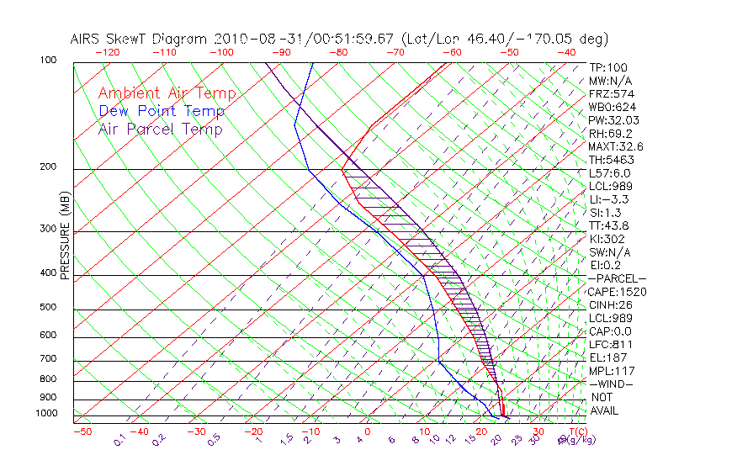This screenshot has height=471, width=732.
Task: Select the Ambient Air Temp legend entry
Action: (x=167, y=93)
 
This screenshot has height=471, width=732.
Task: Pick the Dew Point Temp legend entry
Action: (x=162, y=111)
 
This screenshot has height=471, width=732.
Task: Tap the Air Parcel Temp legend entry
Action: (x=160, y=129)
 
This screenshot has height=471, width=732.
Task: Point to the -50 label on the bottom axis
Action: (x=82, y=432)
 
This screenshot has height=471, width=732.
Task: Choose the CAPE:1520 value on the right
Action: (x=617, y=292)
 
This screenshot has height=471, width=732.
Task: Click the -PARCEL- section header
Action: (x=617, y=278)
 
